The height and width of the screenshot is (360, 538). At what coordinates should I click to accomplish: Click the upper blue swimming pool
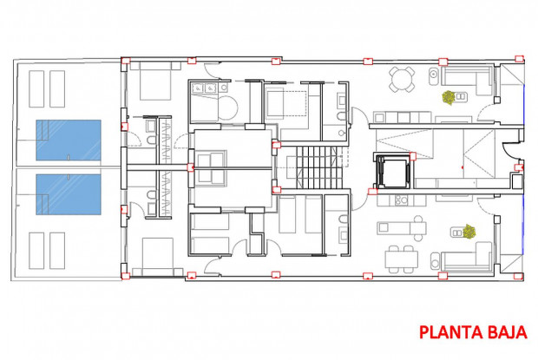click(x=69, y=140)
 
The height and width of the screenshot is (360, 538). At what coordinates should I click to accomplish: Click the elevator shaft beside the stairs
click(x=391, y=170)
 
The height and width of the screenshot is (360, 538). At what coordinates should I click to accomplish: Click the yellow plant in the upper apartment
click(x=449, y=98)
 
